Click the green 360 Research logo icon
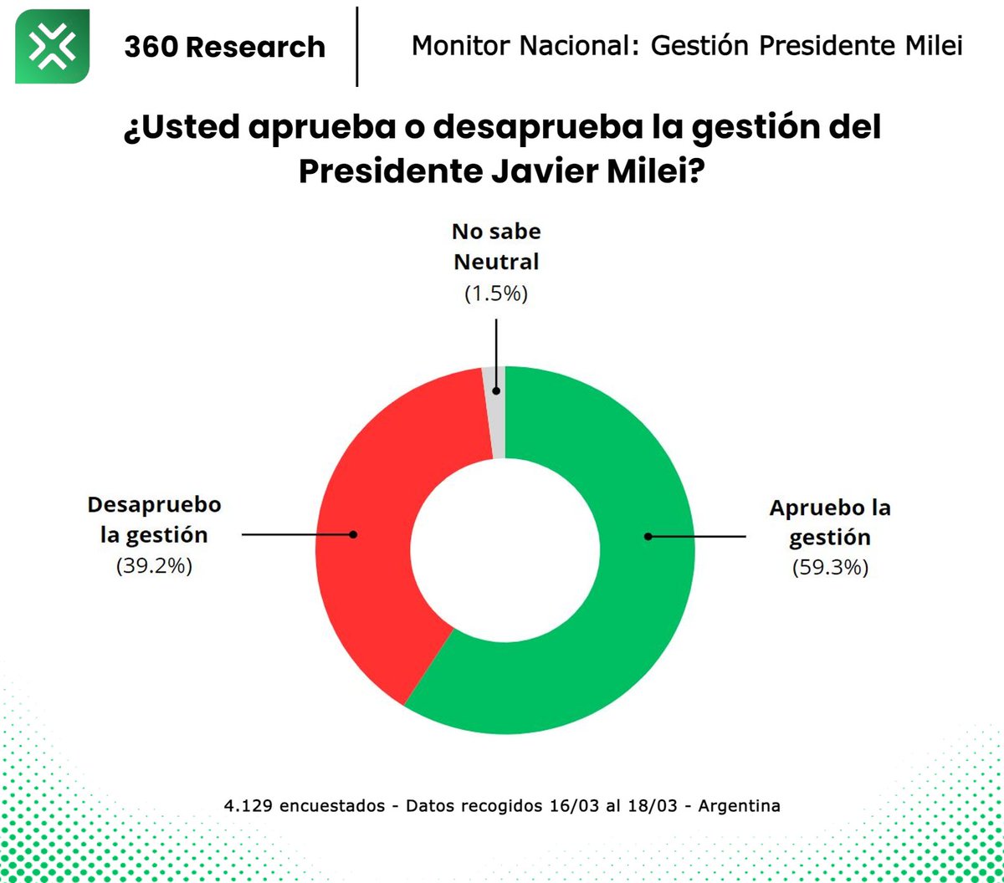pyautogui.click(x=52, y=46)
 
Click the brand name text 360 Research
pyautogui.click(x=224, y=47)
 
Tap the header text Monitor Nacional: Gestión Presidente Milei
pyautogui.click(x=686, y=46)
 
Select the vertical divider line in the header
pyautogui.click(x=357, y=46)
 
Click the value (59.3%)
pyautogui.click(x=830, y=568)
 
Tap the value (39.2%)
pyautogui.click(x=155, y=565)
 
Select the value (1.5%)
pyautogui.click(x=496, y=293)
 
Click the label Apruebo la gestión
pyautogui.click(x=830, y=522)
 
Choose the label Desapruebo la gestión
pyautogui.click(x=155, y=519)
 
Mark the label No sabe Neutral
pyautogui.click(x=496, y=247)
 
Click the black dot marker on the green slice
pyautogui.click(x=648, y=536)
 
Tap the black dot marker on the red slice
pyautogui.click(x=353, y=533)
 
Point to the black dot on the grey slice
pyautogui.click(x=496, y=390)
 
